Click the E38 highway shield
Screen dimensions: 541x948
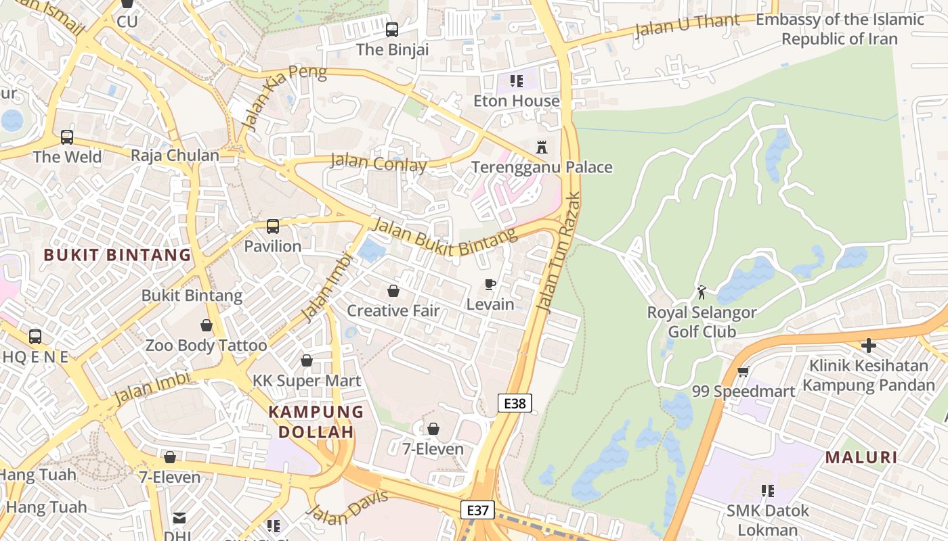pos(515,404)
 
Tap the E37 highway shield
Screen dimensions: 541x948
pos(477,510)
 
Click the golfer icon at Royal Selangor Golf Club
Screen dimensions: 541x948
pos(702,292)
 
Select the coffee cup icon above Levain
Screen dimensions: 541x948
pos(490,284)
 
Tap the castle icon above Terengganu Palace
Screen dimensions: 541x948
pos(541,147)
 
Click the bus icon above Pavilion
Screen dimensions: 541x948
pos(272,227)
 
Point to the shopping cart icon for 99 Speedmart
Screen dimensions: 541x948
pos(743,371)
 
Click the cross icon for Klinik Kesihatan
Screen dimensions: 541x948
pos(868,346)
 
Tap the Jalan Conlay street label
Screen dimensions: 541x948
pos(379,162)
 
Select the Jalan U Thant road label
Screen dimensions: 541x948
pos(687,26)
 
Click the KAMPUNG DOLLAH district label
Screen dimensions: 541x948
pos(316,421)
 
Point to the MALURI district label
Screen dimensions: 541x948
pos(861,457)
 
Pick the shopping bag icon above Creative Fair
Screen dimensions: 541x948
pos(393,291)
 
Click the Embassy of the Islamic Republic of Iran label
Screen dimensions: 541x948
pos(840,29)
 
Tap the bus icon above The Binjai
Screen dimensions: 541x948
pos(391,30)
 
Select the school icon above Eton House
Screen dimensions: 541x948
pos(517,82)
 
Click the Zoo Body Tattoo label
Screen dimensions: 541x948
pos(207,346)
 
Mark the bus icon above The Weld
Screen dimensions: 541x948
pos(67,137)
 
